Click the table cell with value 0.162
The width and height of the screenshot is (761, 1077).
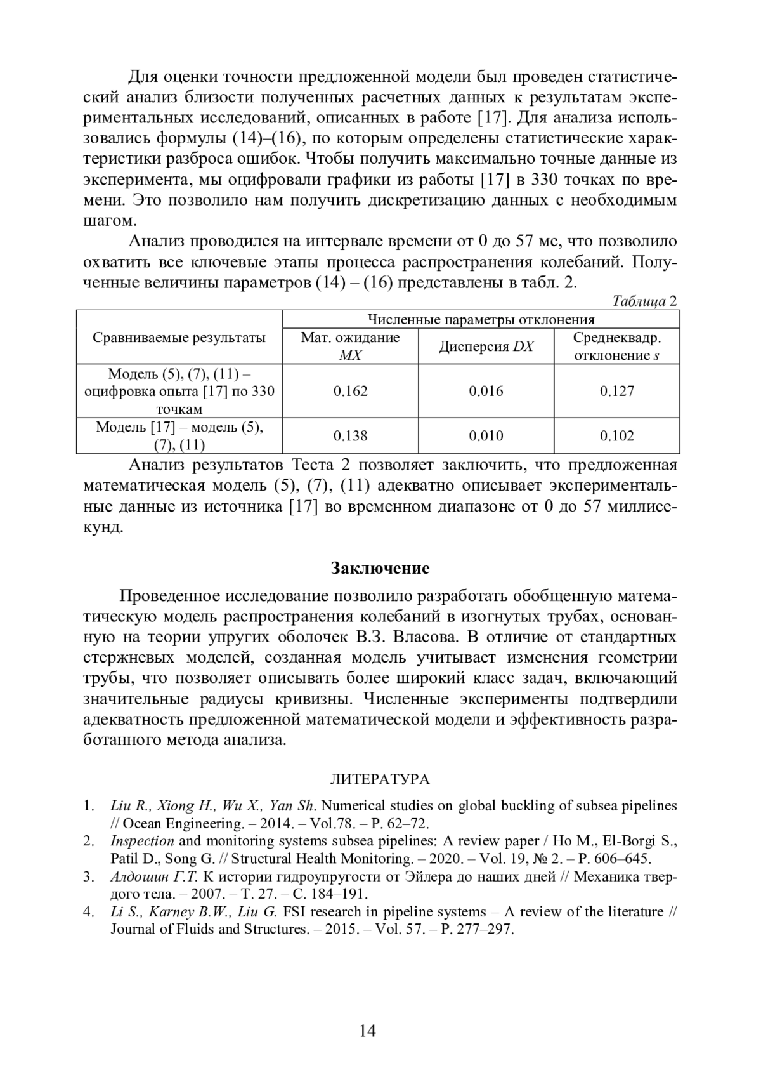point(350,391)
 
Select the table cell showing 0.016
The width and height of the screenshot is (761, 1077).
point(486,391)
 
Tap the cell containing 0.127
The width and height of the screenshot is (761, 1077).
point(616,391)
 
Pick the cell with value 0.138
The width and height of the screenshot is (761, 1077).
point(350,436)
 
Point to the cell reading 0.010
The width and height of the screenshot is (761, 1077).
point(486,436)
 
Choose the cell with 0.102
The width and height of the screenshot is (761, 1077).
point(616,436)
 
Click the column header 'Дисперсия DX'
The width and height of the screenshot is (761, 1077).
point(486,347)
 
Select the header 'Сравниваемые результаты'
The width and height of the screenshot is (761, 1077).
point(179,338)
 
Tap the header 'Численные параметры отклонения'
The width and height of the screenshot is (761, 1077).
point(481,320)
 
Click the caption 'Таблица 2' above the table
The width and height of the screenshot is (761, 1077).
point(645,301)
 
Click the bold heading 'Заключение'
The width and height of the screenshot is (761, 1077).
point(380,568)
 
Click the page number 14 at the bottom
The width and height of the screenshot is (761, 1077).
point(367,1031)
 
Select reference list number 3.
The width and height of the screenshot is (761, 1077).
point(89,877)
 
